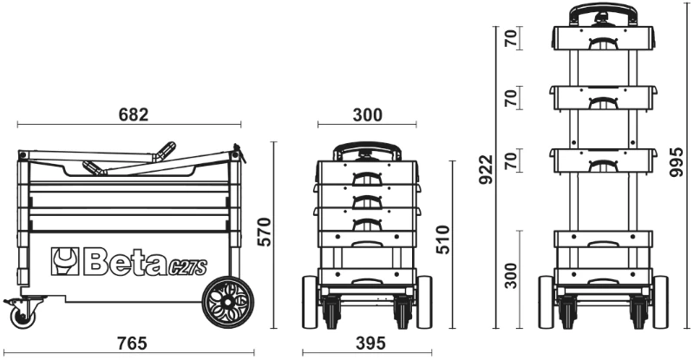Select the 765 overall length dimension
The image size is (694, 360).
pyautogui.click(x=132, y=344)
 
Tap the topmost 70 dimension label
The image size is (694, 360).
pyautogui.click(x=510, y=38)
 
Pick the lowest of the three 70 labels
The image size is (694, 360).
pyautogui.click(x=510, y=160)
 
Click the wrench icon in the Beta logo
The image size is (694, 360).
pyautogui.click(x=66, y=260)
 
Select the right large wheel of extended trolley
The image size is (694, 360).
pyautogui.click(x=659, y=301)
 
